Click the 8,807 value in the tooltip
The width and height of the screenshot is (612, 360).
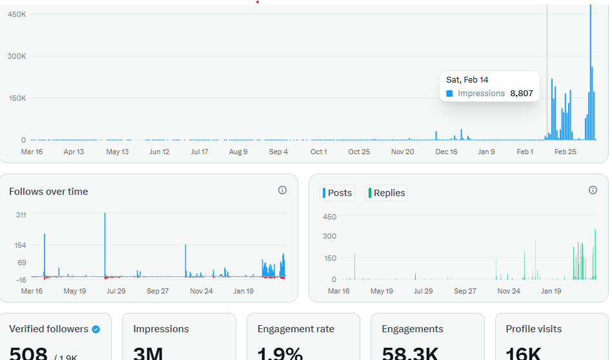tap(521, 94)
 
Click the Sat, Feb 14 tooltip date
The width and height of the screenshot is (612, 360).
tap(467, 79)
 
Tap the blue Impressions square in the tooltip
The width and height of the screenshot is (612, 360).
tap(449, 94)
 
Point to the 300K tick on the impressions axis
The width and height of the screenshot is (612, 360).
tap(17, 56)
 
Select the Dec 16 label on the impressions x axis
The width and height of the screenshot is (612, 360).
tap(446, 152)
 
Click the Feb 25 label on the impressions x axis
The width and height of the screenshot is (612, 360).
tap(565, 152)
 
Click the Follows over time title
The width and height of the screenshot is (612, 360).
tap(48, 192)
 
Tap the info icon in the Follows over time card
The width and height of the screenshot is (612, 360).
tap(282, 190)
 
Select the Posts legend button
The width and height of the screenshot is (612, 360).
tap(337, 193)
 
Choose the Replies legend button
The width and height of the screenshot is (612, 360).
tap(387, 193)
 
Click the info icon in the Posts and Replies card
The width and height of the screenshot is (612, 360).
tap(593, 190)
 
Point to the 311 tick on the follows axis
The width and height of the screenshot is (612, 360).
tap(21, 215)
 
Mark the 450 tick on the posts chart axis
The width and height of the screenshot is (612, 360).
tap(329, 217)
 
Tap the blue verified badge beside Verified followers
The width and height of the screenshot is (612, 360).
tap(96, 329)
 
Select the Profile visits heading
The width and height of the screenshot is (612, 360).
tap(533, 329)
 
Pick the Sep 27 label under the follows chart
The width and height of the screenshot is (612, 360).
tap(158, 291)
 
